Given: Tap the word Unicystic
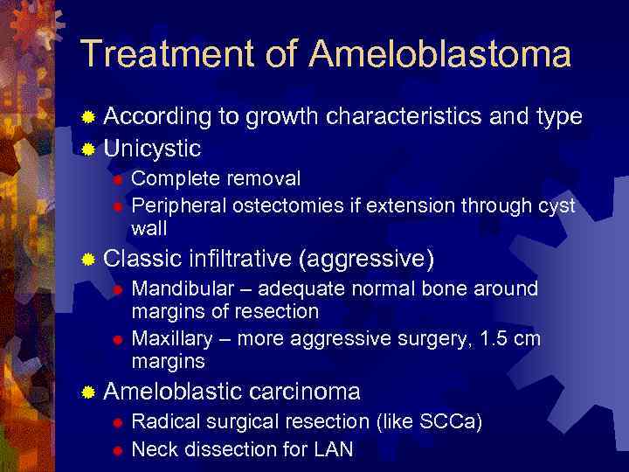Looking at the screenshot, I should (152, 147).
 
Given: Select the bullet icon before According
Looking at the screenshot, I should (87, 117).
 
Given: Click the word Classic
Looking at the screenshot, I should (142, 260).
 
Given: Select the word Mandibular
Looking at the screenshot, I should (183, 289).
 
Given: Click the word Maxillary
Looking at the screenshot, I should (176, 338).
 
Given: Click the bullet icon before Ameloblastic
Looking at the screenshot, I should (87, 392).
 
